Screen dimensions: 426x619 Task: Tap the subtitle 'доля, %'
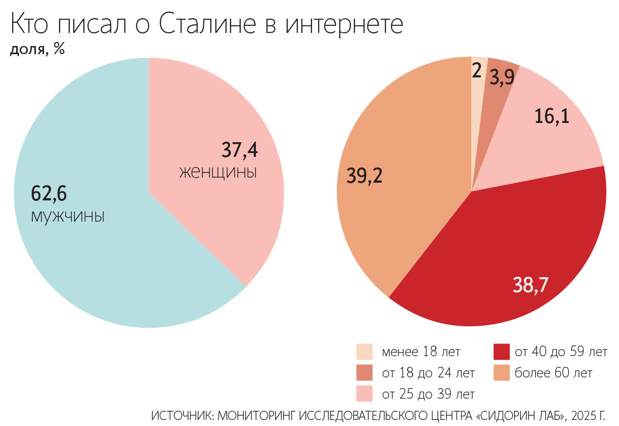(37, 50)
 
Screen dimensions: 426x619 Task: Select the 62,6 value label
(49, 193)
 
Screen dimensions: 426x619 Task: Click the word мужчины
(68, 216)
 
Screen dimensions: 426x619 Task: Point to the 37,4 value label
(240, 150)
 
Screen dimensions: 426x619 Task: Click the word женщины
(218, 172)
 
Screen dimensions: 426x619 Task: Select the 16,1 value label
(552, 117)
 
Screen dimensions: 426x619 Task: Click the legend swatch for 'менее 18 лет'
(364, 352)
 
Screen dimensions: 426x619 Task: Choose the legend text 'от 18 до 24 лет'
(428, 373)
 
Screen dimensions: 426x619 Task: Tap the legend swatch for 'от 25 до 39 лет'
(364, 393)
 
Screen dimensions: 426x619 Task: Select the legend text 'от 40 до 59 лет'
(561, 352)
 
